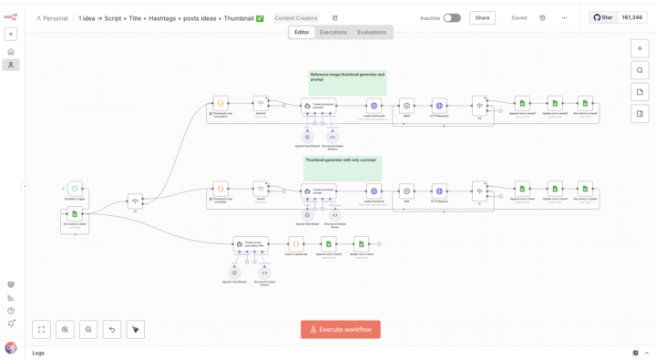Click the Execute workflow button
(341, 329)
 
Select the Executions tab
(333, 32)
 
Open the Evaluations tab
(372, 32)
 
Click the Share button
(482, 17)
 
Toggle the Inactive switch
(452, 17)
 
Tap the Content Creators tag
(296, 18)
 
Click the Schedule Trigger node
(75, 189)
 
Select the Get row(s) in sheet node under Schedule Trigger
(75, 214)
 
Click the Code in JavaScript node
(295, 243)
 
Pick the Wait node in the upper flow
(406, 106)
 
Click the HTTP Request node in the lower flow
(439, 191)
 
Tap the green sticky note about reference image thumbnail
(347, 83)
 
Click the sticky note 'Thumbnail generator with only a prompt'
(342, 168)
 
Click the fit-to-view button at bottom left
(42, 329)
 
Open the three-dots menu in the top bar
(564, 17)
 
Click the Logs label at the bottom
(38, 353)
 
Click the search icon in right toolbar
(640, 70)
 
